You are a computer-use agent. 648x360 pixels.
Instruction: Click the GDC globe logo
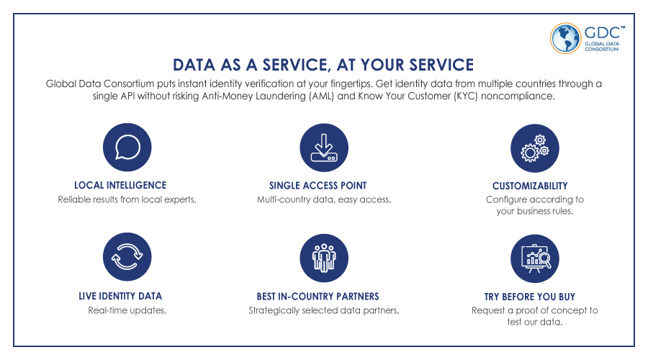click(565, 38)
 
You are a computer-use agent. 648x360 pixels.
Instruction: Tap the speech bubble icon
click(127, 147)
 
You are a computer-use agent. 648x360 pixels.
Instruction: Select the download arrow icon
click(324, 148)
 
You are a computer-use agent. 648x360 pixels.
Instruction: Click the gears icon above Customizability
click(535, 148)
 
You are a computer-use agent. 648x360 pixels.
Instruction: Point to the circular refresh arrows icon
click(127, 256)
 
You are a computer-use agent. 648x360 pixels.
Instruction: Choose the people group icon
click(324, 258)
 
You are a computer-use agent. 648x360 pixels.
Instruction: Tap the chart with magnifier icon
click(535, 258)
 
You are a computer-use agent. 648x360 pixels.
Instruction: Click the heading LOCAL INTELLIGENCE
click(120, 185)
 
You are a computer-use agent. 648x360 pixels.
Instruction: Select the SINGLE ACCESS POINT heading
click(318, 186)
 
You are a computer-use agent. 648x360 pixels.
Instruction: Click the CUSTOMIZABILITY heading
click(530, 186)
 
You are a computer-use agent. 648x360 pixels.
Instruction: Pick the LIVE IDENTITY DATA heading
click(120, 296)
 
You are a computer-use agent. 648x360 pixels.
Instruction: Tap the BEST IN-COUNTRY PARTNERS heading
click(318, 297)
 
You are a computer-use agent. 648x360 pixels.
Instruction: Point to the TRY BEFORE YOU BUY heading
click(530, 297)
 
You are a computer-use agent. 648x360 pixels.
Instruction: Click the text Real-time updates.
click(127, 310)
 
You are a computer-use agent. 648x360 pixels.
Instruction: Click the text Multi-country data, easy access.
click(324, 199)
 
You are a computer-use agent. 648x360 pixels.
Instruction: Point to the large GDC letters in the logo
click(603, 32)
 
